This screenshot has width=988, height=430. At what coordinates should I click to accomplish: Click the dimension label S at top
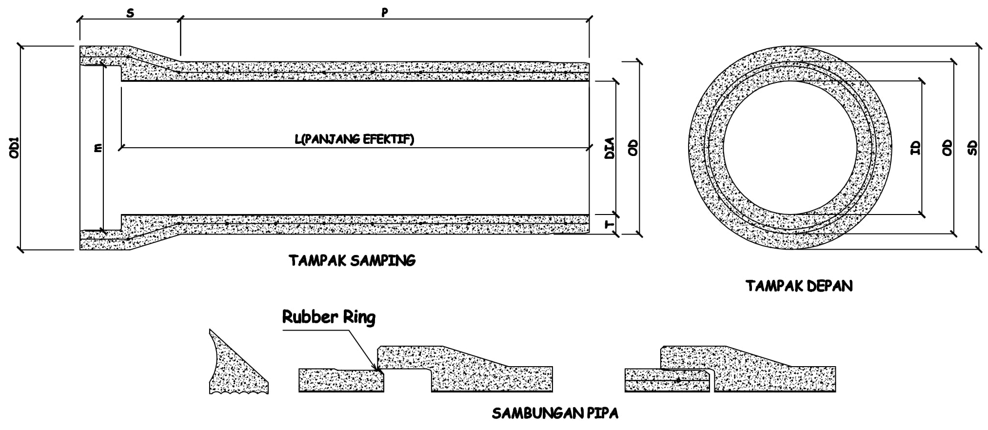pyautogui.click(x=130, y=14)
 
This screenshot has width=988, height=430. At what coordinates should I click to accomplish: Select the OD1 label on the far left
pyautogui.click(x=14, y=147)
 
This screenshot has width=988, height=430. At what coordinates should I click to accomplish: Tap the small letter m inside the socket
pyautogui.click(x=98, y=147)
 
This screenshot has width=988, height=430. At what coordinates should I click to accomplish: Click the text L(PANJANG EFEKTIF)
pyautogui.click(x=354, y=139)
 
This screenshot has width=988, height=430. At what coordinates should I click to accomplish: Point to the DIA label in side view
pyautogui.click(x=609, y=148)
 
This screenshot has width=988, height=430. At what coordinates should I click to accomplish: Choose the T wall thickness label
pyautogui.click(x=609, y=225)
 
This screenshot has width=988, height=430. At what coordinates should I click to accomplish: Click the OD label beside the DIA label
pyautogui.click(x=633, y=147)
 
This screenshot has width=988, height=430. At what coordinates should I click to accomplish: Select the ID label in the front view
pyautogui.click(x=915, y=148)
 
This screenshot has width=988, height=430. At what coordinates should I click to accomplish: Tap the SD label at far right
pyautogui.click(x=972, y=148)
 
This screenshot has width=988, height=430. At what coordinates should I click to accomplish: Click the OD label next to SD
pyautogui.click(x=947, y=148)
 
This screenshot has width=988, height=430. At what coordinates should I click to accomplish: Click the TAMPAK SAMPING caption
pyautogui.click(x=352, y=261)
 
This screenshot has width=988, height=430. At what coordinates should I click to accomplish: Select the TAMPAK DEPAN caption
pyautogui.click(x=799, y=286)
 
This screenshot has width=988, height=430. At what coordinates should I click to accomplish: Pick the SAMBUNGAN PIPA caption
pyautogui.click(x=555, y=414)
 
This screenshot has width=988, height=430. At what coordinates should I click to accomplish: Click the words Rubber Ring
pyautogui.click(x=329, y=317)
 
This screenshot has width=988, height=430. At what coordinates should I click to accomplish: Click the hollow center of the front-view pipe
pyautogui.click(x=790, y=148)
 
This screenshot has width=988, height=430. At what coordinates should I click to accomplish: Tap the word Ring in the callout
pyautogui.click(x=359, y=318)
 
